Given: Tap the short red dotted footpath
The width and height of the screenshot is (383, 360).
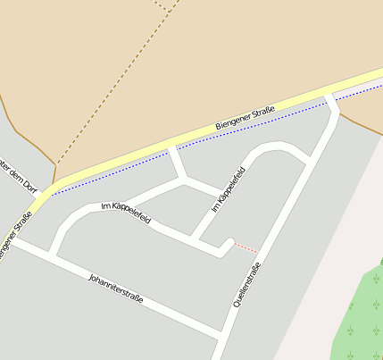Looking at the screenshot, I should click(x=246, y=247).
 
